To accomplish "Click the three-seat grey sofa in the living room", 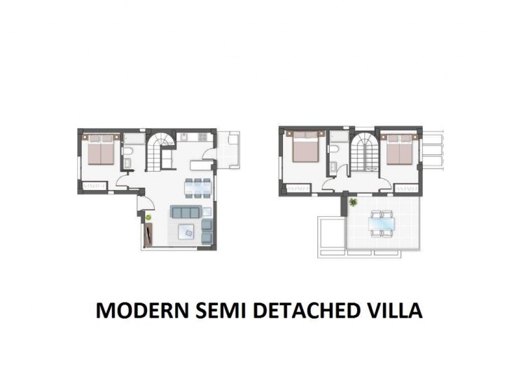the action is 186,212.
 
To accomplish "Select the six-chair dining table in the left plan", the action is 197,188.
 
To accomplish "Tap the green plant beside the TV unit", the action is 148,217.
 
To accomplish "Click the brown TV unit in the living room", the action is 148,234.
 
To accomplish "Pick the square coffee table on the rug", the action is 187,232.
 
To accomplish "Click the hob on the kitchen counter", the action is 202,136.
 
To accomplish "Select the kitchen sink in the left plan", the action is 184,136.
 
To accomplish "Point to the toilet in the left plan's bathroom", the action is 127,152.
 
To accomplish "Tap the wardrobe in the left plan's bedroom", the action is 95,186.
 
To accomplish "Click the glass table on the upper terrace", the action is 382,224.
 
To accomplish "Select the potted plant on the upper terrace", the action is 352,201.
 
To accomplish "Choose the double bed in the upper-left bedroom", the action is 306,147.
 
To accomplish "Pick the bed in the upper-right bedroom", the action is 399,149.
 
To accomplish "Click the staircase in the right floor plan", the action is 365,152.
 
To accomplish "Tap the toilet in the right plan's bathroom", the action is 334,149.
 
